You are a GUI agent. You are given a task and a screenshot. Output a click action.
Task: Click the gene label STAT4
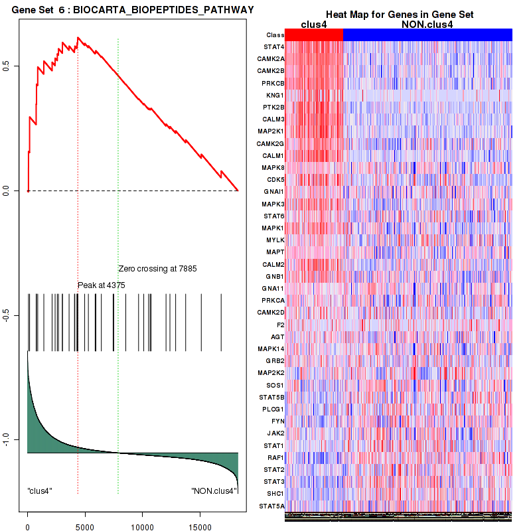pyautogui.click(x=275, y=47)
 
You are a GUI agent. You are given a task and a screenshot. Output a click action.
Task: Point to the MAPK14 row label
pyautogui.click(x=273, y=348)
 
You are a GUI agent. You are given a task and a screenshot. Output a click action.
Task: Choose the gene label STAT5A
pyautogui.click(x=273, y=506)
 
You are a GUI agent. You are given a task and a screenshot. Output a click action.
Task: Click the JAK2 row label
pyautogui.click(x=275, y=433)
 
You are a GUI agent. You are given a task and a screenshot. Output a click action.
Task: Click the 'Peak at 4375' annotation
pyautogui.click(x=102, y=285)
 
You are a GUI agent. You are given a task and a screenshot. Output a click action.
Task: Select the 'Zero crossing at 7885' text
pyautogui.click(x=157, y=269)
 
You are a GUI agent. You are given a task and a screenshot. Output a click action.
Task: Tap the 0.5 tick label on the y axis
pyautogui.click(x=14, y=66)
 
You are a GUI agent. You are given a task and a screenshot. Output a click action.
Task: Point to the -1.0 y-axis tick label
pyautogui.click(x=14, y=439)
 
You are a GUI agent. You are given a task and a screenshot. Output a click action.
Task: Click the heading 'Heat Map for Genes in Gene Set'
pyautogui.click(x=399, y=15)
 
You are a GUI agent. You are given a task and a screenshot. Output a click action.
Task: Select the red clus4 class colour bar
pyautogui.click(x=314, y=35)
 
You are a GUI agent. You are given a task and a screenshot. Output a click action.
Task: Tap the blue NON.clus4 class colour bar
pyautogui.click(x=427, y=35)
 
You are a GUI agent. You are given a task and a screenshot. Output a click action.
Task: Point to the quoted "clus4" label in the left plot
pyautogui.click(x=40, y=491)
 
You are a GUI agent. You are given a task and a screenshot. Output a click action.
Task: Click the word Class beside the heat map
pyautogui.click(x=275, y=35)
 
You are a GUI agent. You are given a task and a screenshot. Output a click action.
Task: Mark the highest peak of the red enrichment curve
pyautogui.click(x=78, y=38)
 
